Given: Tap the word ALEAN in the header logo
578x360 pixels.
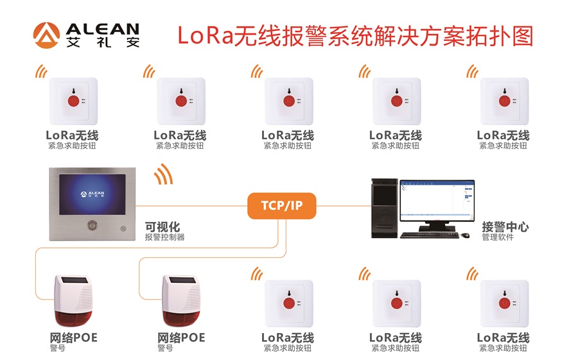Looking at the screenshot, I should (x=102, y=29).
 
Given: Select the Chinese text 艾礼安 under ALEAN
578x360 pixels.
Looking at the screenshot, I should (x=102, y=43).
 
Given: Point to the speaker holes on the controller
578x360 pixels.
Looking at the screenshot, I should (x=122, y=228).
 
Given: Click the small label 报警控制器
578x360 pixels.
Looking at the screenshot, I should (x=164, y=237).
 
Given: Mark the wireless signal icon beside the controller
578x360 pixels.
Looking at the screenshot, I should (x=163, y=173).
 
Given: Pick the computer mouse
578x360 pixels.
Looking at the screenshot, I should (x=464, y=235).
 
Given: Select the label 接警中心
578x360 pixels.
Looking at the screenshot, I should (x=505, y=227).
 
